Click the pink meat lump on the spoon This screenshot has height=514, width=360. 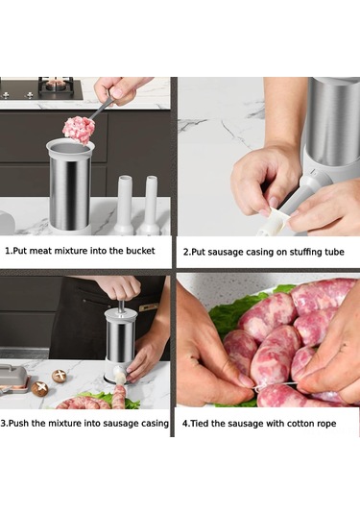pyautogui.click(x=79, y=130)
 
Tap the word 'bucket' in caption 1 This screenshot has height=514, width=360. pyautogui.click(x=140, y=251)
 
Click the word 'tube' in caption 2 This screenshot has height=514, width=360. pyautogui.click(x=334, y=252)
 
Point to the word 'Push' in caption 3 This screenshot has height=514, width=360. pyautogui.click(x=19, y=423)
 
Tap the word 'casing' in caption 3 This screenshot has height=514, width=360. pyautogui.click(x=155, y=424)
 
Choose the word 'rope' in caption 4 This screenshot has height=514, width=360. pyautogui.click(x=325, y=425)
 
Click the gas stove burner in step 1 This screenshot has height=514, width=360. pyautogui.click(x=56, y=86)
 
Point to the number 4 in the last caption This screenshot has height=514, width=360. pyautogui.click(x=185, y=424)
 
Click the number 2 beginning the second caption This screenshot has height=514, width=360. pyautogui.click(x=185, y=252)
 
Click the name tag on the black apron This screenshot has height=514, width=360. pyautogui.click(x=149, y=307)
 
